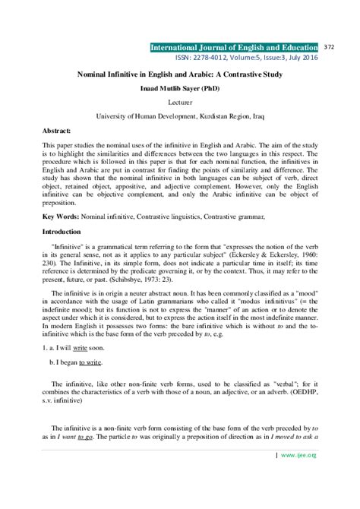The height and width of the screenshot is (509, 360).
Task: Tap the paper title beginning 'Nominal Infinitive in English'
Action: pyautogui.click(x=179, y=75)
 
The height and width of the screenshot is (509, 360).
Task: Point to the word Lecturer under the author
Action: pyautogui.click(x=179, y=101)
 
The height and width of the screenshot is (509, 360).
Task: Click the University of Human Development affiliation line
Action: pyautogui.click(x=179, y=116)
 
